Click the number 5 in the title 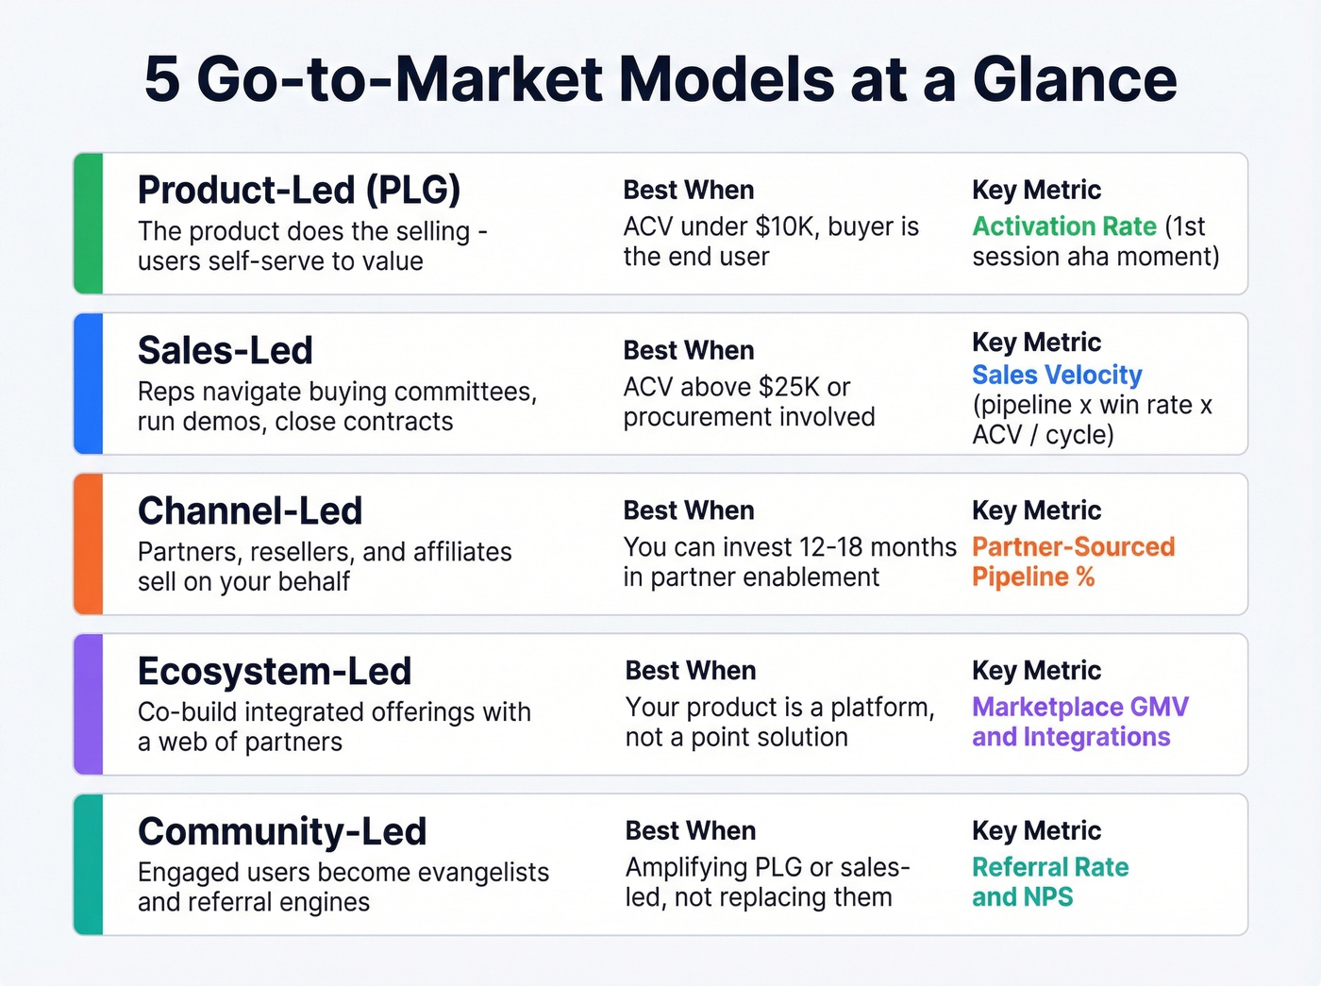coord(161,79)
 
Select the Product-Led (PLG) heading coord(299,190)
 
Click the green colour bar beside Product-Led coord(88,224)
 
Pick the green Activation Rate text coord(1064,226)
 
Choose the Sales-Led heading coord(226,350)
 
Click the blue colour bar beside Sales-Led coord(88,384)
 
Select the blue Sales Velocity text coord(1057,375)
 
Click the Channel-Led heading coord(250,510)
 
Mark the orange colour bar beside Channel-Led coord(88,544)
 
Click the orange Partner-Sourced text coord(1073,547)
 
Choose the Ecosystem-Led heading coord(275,671)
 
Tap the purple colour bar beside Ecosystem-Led coord(88,705)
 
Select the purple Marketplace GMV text coord(1080,707)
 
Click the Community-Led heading coord(282,831)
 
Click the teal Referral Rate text coord(1050,867)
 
